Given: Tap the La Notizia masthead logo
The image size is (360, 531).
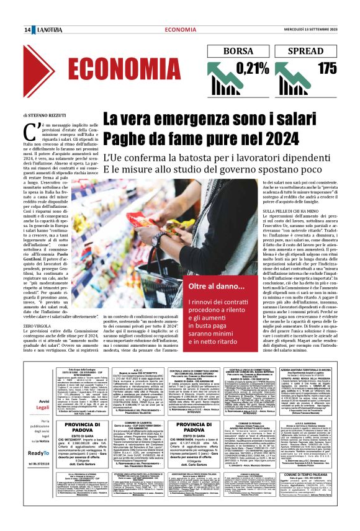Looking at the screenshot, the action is point(48,30).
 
